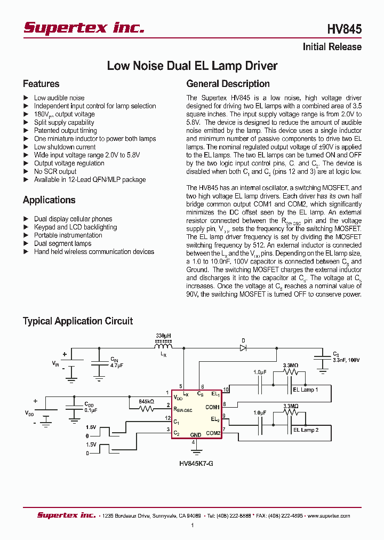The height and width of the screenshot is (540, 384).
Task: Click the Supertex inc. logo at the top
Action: (84, 28)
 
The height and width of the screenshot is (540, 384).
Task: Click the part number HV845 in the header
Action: (345, 29)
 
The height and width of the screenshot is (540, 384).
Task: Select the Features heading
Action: (41, 84)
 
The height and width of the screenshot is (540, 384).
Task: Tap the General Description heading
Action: (228, 84)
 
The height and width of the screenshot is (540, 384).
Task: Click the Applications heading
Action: (49, 200)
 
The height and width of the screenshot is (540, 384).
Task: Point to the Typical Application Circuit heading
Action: (77, 321)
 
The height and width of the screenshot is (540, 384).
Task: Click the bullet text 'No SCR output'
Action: (55, 171)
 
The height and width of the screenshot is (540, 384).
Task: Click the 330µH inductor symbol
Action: (164, 346)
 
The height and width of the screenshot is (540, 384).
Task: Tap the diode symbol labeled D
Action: (243, 347)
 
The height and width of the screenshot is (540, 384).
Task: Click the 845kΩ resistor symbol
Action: (146, 409)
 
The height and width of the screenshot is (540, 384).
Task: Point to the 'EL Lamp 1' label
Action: (306, 390)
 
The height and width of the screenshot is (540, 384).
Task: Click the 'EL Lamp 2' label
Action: (306, 430)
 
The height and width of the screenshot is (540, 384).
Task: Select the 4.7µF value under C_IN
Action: (117, 366)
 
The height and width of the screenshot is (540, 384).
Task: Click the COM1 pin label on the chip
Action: (212, 407)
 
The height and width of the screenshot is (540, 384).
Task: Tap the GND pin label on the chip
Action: (195, 435)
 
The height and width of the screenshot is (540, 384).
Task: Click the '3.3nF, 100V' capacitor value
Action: (346, 360)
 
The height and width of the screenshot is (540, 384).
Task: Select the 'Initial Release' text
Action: (332, 47)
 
